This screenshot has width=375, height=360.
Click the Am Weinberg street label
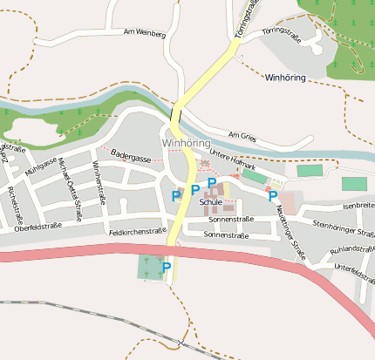[144, 32]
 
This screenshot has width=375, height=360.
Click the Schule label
[211, 202]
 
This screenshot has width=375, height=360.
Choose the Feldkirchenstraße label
[138, 233]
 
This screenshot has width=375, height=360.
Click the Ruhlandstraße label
[351, 248]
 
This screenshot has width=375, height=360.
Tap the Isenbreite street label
[358, 206]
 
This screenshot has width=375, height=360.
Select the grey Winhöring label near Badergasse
[186, 142]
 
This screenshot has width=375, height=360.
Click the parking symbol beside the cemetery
[166, 268]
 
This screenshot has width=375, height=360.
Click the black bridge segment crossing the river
[176, 115]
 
